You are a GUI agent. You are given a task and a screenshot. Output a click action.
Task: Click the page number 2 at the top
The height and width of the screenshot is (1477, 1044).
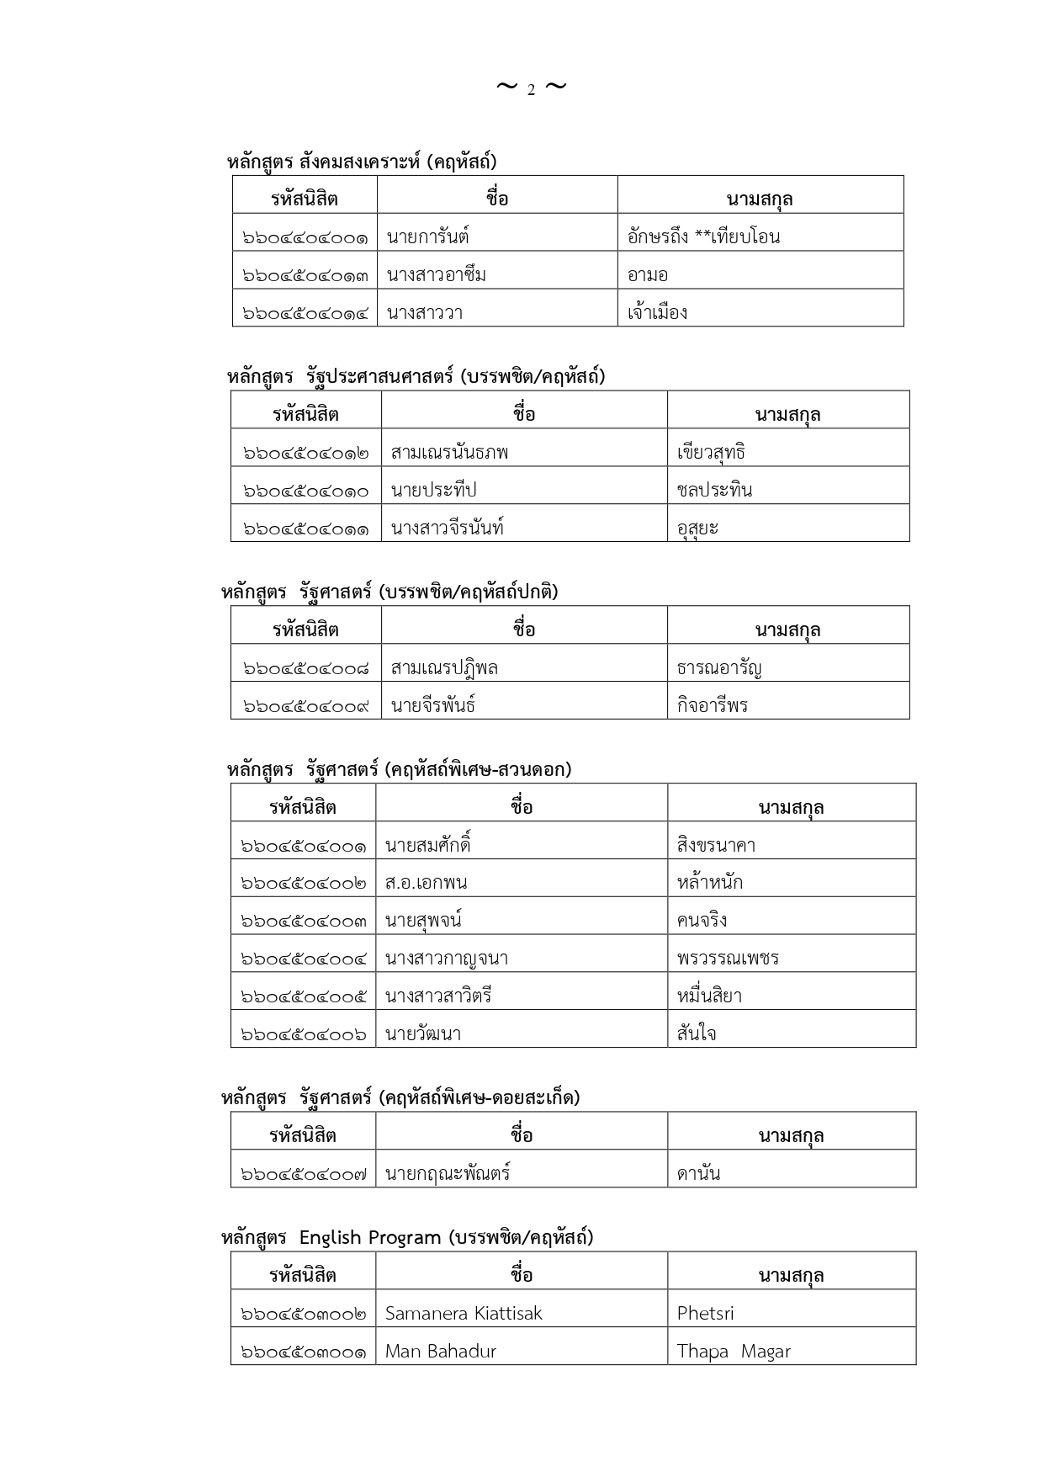531,90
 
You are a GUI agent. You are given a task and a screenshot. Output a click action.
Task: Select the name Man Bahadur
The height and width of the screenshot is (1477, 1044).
441,1351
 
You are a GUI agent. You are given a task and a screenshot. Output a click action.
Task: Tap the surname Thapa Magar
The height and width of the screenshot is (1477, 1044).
734,1352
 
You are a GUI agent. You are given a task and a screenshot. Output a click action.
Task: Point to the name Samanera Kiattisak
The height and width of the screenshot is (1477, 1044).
464,1313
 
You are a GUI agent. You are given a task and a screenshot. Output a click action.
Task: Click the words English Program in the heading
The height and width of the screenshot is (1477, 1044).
370,1237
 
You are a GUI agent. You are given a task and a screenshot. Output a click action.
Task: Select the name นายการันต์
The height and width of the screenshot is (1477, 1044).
427,237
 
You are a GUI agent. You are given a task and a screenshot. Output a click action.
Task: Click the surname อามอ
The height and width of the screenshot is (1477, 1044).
648,275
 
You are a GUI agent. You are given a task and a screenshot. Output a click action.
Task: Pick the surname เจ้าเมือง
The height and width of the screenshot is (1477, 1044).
658,313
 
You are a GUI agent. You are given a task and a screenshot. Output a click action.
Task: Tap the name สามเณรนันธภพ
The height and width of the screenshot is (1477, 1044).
449,453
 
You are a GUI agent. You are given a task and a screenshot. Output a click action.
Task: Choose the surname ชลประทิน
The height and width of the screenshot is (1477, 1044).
714,490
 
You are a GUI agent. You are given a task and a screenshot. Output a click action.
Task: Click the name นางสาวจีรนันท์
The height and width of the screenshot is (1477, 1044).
448,529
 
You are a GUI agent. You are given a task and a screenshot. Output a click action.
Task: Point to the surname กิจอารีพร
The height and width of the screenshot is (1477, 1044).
713,705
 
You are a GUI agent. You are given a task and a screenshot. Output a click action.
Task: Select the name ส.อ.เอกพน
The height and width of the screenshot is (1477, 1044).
426,883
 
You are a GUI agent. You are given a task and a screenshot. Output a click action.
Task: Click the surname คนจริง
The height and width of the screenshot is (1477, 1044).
702,921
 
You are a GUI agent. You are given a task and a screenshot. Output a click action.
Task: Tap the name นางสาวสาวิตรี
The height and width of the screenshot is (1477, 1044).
438,996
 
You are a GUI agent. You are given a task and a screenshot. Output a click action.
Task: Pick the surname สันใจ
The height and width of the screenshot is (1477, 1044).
697,1034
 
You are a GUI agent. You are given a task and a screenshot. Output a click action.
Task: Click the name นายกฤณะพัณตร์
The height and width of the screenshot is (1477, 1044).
448,1173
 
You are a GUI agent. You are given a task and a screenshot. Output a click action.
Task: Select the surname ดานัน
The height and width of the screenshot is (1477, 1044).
699,1173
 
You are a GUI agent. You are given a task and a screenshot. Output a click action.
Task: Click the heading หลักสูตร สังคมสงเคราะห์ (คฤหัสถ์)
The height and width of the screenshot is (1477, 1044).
362,162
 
